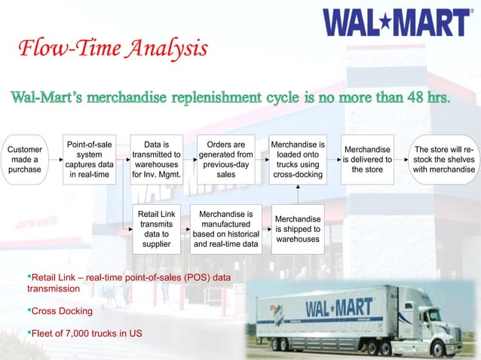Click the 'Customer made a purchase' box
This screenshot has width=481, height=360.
[x=26, y=160]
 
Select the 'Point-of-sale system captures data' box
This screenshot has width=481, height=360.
[x=90, y=160]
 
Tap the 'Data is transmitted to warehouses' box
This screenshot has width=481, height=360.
[x=156, y=160]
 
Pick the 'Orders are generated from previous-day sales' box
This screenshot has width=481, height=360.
[x=225, y=160]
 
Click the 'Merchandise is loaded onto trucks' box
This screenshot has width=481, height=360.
[x=298, y=160]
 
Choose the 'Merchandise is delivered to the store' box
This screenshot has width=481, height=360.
[x=367, y=160]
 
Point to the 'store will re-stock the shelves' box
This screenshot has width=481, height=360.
[x=444, y=160]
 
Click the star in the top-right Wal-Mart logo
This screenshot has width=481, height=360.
[x=392, y=22]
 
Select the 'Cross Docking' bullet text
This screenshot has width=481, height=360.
[x=61, y=311]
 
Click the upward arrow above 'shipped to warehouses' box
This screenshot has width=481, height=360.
[x=298, y=194]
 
